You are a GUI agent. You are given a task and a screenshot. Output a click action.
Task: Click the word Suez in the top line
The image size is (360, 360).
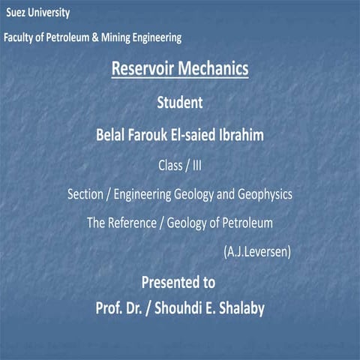pos(18,13)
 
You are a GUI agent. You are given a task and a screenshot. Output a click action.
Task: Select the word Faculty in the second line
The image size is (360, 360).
pos(20,37)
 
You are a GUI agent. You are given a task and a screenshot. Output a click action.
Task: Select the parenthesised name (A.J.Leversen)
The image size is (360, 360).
pos(257,251)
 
